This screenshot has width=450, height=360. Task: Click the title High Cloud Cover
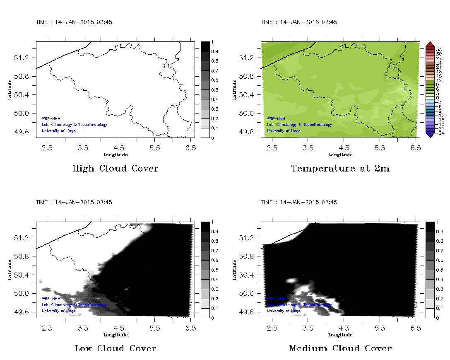(115, 169)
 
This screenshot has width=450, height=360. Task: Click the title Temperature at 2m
(340, 169)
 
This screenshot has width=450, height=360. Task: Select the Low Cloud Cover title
(115, 348)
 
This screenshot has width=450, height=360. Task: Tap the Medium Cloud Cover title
(340, 348)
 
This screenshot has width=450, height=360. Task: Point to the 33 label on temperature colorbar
(439, 49)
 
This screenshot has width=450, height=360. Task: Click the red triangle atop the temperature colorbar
(429, 44)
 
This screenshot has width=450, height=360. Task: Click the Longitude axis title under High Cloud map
(115, 155)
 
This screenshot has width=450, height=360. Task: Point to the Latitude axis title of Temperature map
(234, 89)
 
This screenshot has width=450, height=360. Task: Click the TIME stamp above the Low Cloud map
(74, 202)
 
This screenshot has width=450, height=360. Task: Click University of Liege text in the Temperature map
(284, 130)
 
